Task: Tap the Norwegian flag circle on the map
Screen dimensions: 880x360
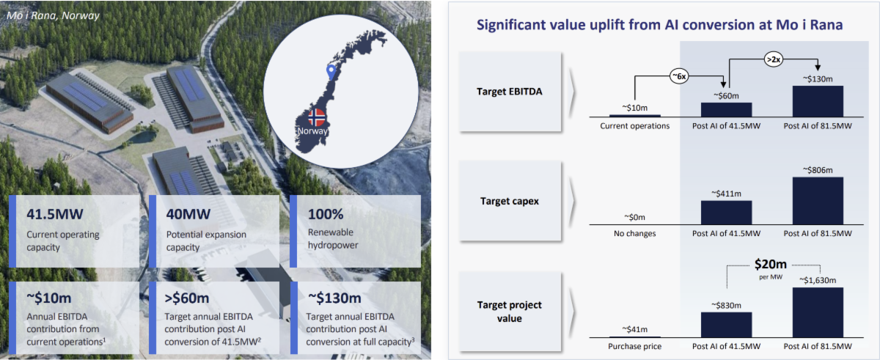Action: coord(317,117)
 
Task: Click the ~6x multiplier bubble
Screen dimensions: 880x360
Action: coord(679,76)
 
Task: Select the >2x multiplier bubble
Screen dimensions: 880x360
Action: coord(774,59)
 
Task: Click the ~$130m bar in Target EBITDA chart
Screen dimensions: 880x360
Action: coord(818,101)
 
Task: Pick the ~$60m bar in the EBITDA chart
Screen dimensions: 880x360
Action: coord(727,110)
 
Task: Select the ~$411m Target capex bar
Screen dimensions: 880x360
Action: coord(727,213)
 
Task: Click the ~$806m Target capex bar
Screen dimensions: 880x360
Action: coord(818,201)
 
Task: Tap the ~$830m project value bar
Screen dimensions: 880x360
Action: coord(727,325)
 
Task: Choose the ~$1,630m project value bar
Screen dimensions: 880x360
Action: coord(818,312)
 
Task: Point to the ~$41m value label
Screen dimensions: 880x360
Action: coord(635,329)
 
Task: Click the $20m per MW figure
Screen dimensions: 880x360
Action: coord(771,264)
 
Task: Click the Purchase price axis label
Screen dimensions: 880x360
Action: coord(635,346)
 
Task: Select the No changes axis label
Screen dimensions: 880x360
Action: coord(635,234)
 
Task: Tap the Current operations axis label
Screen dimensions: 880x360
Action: coord(635,126)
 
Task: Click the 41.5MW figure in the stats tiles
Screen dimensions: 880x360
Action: coord(55,214)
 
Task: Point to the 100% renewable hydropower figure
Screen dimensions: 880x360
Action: coord(326,214)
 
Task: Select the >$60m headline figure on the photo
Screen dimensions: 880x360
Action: coord(187,298)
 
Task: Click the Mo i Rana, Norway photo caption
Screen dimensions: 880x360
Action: coord(53,15)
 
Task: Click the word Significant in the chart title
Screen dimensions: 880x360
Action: coord(510,25)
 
